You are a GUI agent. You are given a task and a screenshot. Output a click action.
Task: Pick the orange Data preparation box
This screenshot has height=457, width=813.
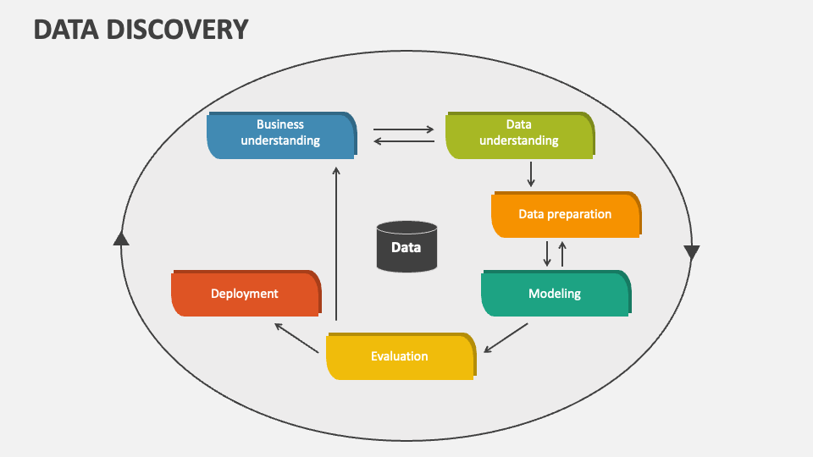(x=565, y=214)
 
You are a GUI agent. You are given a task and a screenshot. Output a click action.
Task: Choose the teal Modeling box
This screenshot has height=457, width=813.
(x=555, y=294)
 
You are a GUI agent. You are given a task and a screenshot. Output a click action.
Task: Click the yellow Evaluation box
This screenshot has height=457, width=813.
(x=400, y=356)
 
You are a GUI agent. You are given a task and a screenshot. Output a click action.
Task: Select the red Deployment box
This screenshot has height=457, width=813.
(x=245, y=294)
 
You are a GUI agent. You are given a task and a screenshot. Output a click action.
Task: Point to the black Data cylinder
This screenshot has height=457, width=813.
(x=406, y=246)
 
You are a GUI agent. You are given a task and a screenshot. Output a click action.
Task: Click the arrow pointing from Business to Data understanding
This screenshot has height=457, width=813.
(x=403, y=129)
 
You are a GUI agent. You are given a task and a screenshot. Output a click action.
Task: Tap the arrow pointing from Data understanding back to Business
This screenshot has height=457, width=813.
(x=403, y=141)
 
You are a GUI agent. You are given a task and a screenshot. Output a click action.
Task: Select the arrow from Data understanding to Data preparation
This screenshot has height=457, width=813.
(x=531, y=173)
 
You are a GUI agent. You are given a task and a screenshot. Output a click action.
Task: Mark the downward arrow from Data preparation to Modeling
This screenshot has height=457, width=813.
(x=547, y=253)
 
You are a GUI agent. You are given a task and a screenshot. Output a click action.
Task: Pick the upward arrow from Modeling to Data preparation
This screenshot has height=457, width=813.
(x=562, y=253)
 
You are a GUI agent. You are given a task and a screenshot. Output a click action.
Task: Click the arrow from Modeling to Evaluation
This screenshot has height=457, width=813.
(x=506, y=338)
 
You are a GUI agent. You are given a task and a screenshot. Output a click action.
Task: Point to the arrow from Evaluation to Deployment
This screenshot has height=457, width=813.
(x=296, y=336)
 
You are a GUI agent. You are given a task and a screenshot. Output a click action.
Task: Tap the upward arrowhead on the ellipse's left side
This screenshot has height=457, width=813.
(x=121, y=239)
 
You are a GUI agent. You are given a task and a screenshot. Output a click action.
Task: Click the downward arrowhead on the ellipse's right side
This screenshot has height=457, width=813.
(x=691, y=252)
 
